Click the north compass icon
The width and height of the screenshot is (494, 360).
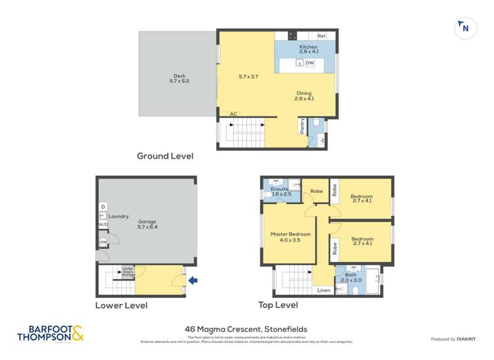point(465,28)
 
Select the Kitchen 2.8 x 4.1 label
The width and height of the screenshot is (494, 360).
point(308,49)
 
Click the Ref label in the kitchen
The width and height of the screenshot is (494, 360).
point(321,36)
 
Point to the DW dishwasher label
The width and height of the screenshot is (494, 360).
point(310,63)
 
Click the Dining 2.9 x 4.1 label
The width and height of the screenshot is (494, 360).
point(304,96)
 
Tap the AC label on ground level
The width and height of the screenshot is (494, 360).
point(233,114)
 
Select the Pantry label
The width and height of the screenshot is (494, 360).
point(302,126)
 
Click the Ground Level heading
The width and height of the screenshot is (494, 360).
point(165,156)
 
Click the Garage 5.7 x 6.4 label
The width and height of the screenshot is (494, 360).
point(148,224)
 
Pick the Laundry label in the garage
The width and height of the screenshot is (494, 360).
point(119,216)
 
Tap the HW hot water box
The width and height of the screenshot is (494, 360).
point(103,243)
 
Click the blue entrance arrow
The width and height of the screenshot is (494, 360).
point(192,281)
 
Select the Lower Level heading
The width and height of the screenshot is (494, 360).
point(121,305)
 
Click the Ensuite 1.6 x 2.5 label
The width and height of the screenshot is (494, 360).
point(279,192)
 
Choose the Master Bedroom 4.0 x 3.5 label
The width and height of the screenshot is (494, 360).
point(290,237)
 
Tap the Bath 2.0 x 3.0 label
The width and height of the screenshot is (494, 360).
point(349,278)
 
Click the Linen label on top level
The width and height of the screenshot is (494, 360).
point(323,290)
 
